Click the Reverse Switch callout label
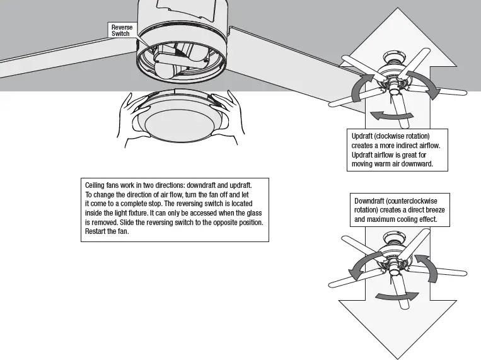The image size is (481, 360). coord(122,30)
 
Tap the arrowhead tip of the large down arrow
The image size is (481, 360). coord(398,355)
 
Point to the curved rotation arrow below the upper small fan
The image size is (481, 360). coord(391,115)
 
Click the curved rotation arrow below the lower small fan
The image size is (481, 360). coord(396,295)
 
